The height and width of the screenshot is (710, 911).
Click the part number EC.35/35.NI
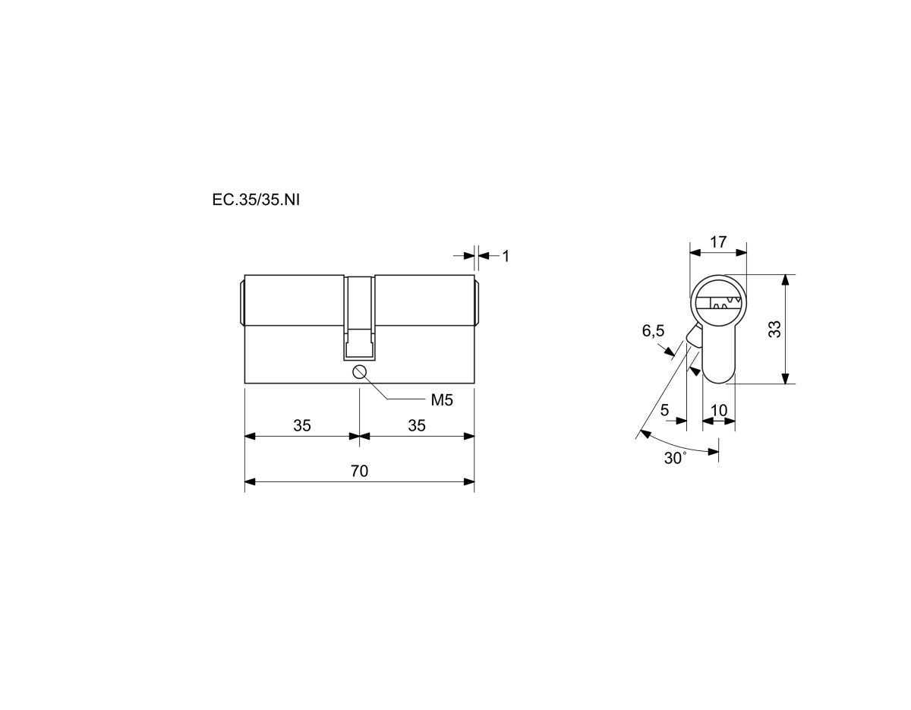point(256,200)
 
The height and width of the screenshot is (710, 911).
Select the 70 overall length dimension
point(359,471)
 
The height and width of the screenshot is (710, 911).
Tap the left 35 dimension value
point(302,426)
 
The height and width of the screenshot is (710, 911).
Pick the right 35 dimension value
point(417,426)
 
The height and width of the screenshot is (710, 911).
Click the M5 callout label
point(442,400)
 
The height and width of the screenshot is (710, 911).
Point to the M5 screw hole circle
point(360,371)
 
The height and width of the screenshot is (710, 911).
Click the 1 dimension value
point(506,256)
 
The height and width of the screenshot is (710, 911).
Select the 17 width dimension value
point(718,242)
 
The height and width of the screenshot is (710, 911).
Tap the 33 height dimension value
point(774,329)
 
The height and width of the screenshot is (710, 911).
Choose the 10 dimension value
point(719,410)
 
